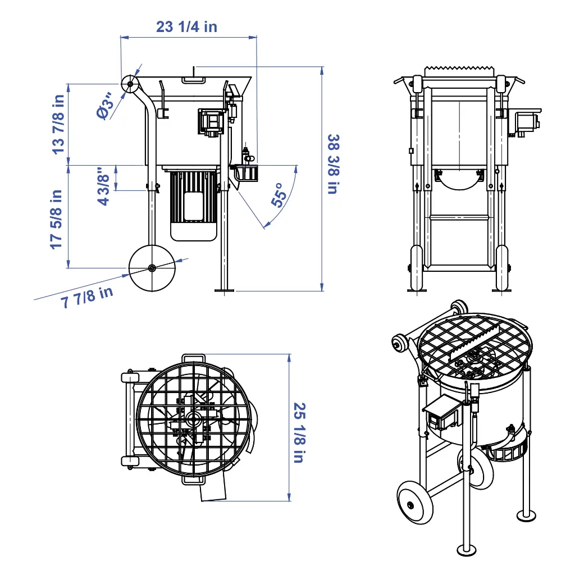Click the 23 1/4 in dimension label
click(x=186, y=27)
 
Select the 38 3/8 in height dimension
click(x=334, y=164)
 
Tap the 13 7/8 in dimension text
click(x=58, y=125)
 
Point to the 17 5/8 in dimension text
click(x=56, y=220)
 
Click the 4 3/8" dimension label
click(x=103, y=186)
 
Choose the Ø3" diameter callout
click(x=106, y=107)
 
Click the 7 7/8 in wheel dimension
click(x=87, y=298)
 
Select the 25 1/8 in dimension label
click(x=300, y=433)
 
